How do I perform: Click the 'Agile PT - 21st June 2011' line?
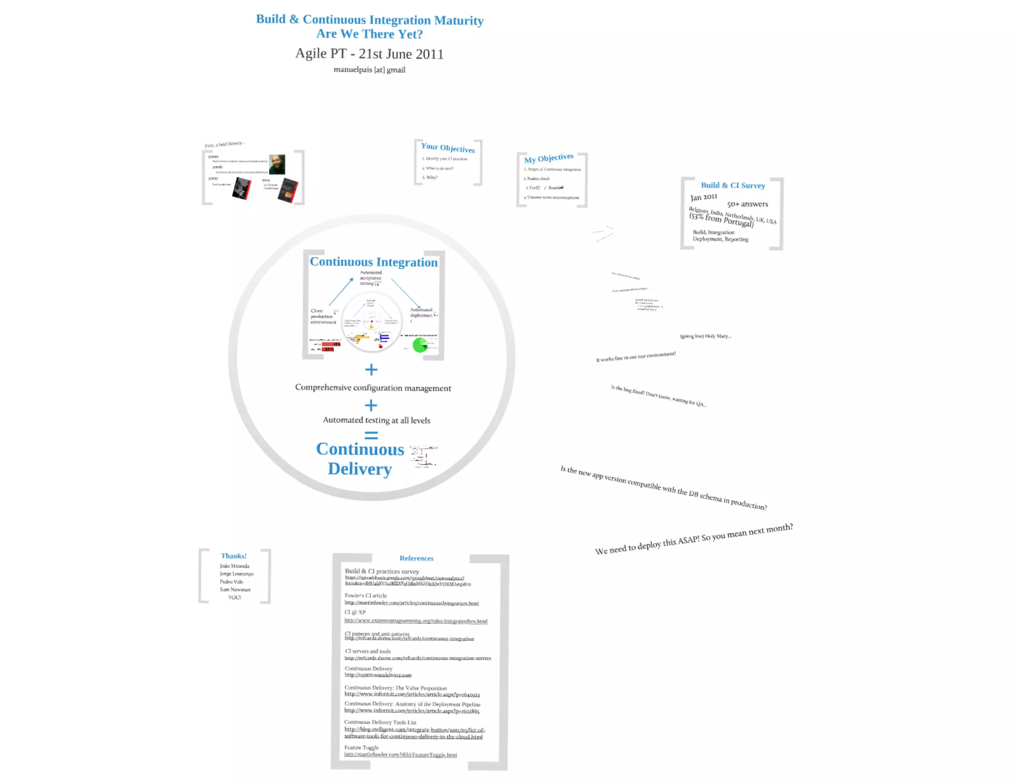(369, 53)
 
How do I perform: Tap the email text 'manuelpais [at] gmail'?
(369, 70)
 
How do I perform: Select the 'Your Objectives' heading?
(448, 148)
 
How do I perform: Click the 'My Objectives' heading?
(549, 158)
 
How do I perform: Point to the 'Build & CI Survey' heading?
(733, 185)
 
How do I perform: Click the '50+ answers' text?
(747, 204)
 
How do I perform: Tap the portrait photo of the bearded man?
(277, 164)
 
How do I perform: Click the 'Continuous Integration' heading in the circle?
(373, 262)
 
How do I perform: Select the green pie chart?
(419, 345)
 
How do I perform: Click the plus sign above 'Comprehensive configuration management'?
(371, 370)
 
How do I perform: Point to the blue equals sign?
(371, 435)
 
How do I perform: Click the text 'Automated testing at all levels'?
(376, 420)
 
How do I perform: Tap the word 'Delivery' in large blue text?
(360, 469)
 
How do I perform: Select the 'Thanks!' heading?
(233, 556)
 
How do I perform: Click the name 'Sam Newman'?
(235, 590)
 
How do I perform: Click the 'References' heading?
(416, 559)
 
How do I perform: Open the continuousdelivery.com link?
(378, 675)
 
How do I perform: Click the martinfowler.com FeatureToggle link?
(401, 755)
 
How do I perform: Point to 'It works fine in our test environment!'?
(636, 357)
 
